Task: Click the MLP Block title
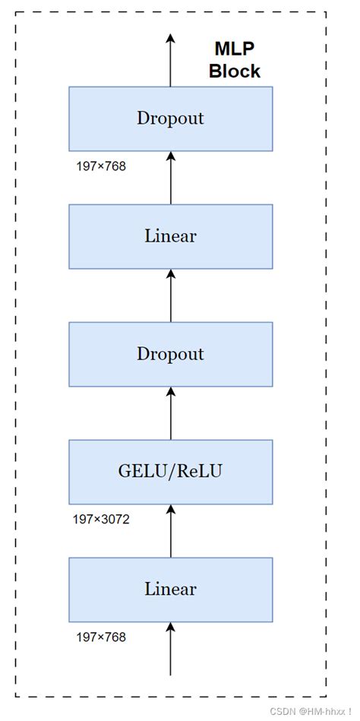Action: coord(235,60)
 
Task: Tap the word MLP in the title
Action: coord(235,49)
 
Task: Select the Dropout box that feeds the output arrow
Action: coord(171,119)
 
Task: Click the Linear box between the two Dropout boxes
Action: coord(171,236)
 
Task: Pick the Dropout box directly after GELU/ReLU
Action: coord(171,354)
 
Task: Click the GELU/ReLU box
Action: coord(171,472)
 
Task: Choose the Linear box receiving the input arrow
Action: coord(171,590)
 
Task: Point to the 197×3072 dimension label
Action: coord(101,520)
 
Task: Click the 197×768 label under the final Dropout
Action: coord(101,166)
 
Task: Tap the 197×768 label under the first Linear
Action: coord(101,637)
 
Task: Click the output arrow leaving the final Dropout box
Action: coord(171,60)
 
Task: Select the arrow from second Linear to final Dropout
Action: coord(171,178)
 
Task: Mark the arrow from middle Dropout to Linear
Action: coord(171,296)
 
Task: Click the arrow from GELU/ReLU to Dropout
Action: coord(171,413)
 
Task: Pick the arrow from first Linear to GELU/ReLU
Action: coord(171,530)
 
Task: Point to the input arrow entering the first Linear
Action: coord(171,648)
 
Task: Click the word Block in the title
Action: coord(235,71)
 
